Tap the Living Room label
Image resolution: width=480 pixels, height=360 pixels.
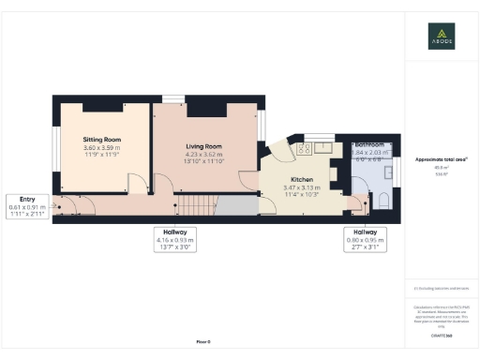tap(203, 146)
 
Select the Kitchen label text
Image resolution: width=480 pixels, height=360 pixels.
tap(301, 178)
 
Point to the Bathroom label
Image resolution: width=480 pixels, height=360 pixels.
tap(370, 145)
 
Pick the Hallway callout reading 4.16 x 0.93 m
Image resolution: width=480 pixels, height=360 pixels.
tap(174, 239)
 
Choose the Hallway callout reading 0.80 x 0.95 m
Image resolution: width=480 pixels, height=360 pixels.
tap(365, 239)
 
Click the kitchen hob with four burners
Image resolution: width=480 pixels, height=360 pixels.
tap(304, 147)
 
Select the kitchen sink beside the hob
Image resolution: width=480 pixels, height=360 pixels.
tap(323, 147)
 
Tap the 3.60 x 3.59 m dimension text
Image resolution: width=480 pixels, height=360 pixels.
tap(103, 148)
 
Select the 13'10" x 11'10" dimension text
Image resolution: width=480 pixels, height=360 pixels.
tap(203, 162)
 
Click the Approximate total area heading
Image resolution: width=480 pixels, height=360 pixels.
tap(442, 159)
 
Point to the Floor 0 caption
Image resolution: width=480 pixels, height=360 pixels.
tap(202, 344)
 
